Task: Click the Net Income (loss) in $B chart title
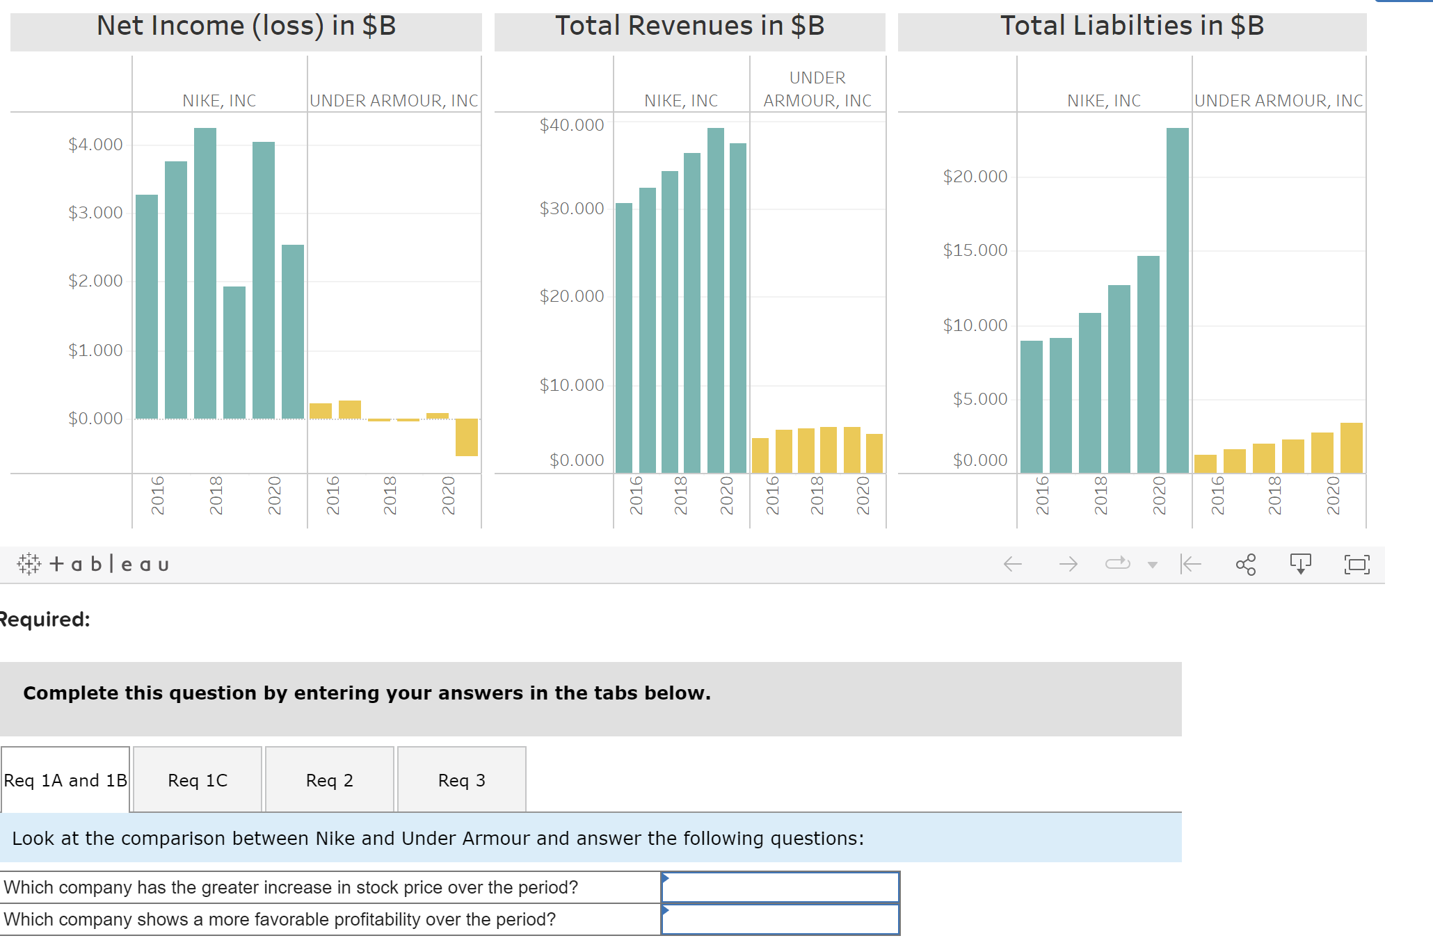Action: point(246,26)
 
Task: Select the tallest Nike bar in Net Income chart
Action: point(205,273)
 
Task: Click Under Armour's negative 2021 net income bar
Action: point(467,437)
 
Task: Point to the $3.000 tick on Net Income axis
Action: point(95,213)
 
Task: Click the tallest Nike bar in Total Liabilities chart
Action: point(1178,300)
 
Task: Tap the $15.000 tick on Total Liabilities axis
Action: point(975,250)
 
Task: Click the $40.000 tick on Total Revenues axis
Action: point(572,125)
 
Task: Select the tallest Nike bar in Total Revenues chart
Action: point(716,300)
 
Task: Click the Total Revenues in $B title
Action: point(689,26)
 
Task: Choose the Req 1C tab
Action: point(198,780)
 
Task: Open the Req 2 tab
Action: point(330,780)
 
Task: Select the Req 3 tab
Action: point(462,780)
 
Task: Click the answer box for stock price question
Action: point(780,888)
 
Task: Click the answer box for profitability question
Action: point(780,920)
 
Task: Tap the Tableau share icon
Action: point(1246,564)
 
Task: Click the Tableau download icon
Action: point(1300,564)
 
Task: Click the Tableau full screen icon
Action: point(1356,564)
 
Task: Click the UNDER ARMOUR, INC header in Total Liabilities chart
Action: point(1279,101)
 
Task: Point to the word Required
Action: point(45,620)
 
